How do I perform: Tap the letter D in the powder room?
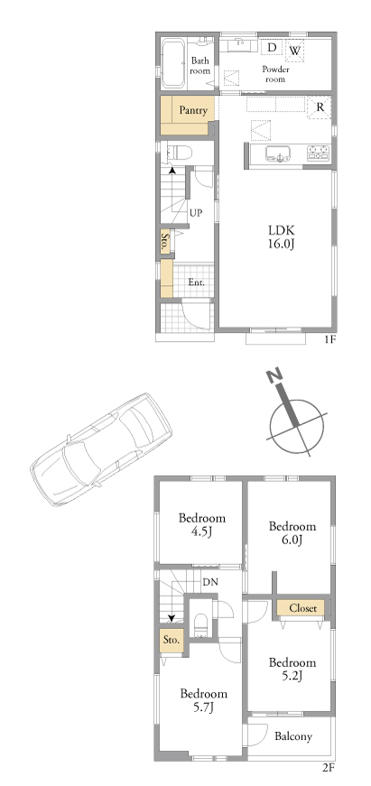[272, 48]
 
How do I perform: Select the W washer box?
[295, 51]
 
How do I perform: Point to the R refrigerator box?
[320, 106]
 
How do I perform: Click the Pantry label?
[193, 111]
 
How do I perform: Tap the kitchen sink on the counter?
[278, 153]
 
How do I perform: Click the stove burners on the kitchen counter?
[319, 153]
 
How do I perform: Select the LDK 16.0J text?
[282, 237]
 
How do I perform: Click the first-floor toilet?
[177, 152]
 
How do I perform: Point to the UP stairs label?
[196, 213]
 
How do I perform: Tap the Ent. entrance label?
[197, 282]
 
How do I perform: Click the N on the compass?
[274, 375]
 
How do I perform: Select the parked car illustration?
[101, 449]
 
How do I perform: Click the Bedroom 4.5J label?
[201, 524]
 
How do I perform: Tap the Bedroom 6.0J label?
[292, 532]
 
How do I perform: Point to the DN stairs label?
[209, 582]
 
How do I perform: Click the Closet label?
[302, 608]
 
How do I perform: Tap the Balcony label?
[293, 736]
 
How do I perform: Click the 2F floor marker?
[329, 767]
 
